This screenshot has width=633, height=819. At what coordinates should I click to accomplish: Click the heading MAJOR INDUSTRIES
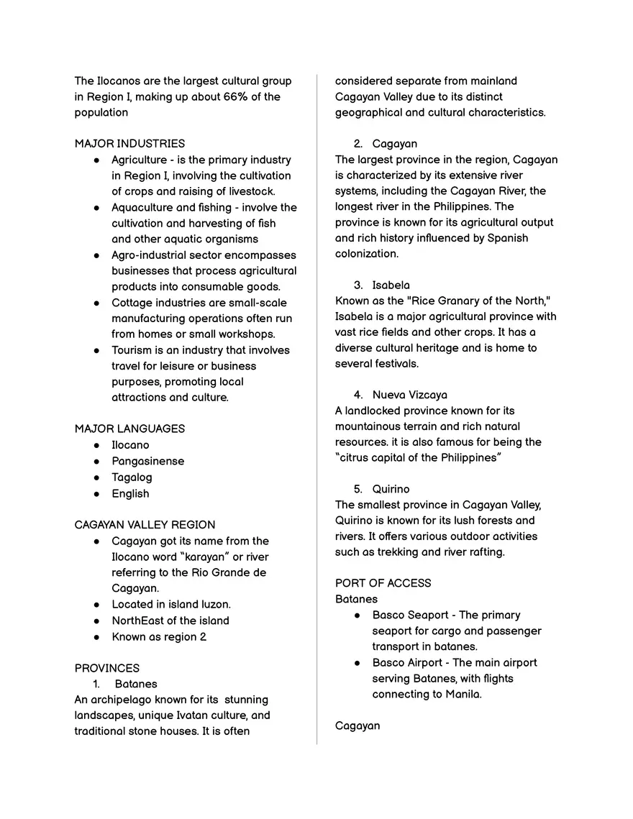(x=129, y=143)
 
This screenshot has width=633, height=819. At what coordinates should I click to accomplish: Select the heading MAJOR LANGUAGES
(x=129, y=429)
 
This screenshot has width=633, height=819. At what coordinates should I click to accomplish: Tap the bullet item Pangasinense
(x=147, y=461)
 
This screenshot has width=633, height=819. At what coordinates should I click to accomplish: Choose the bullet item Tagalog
(x=132, y=477)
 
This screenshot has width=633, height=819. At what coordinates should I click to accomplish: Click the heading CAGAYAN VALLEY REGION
(x=145, y=524)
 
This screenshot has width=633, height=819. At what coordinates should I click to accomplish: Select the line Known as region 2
(x=158, y=636)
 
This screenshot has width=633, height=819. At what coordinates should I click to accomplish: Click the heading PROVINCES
(x=107, y=668)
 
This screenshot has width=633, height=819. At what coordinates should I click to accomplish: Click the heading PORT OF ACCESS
(x=383, y=582)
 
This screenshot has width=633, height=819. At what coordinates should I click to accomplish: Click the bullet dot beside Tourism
(x=96, y=350)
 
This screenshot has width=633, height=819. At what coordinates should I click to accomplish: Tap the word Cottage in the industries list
(x=131, y=303)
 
